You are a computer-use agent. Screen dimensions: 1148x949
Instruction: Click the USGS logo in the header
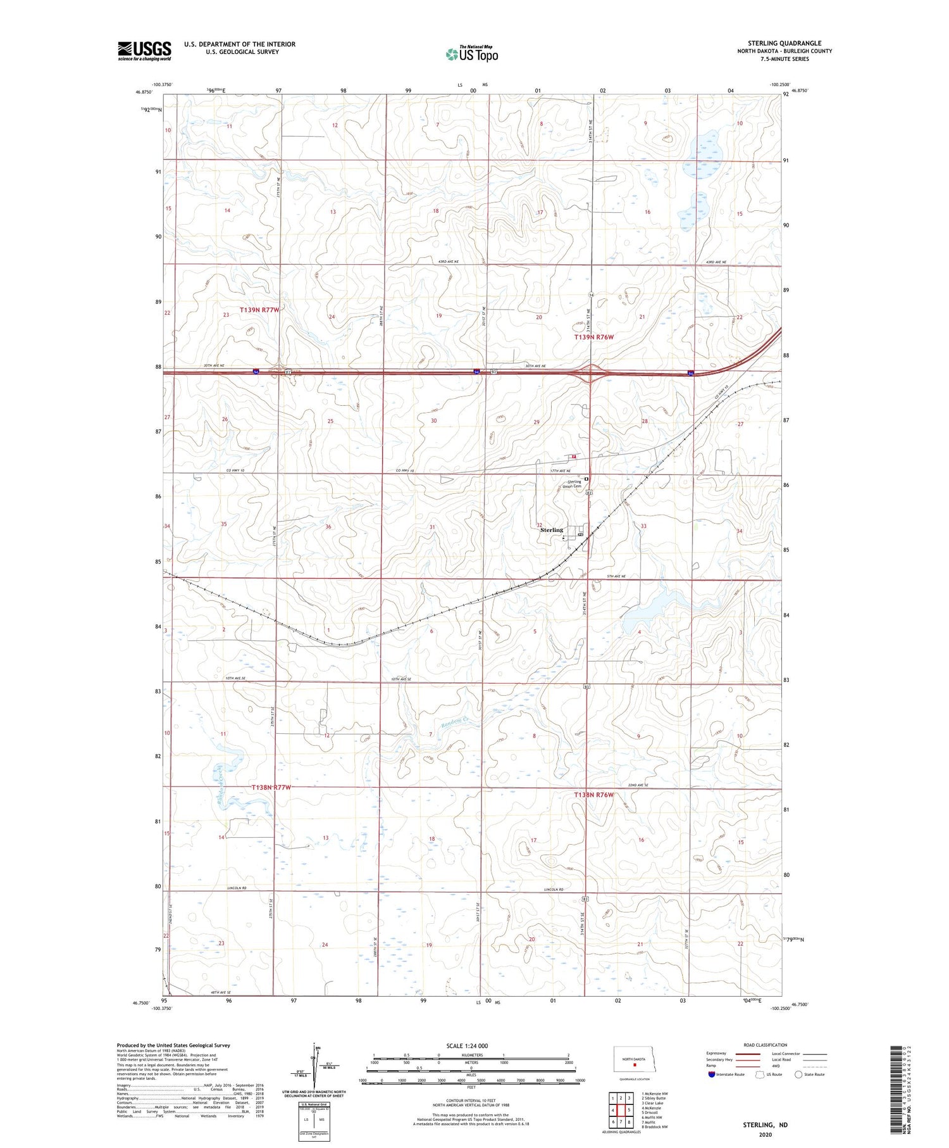[144, 51]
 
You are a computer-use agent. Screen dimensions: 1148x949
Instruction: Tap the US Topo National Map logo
[472, 54]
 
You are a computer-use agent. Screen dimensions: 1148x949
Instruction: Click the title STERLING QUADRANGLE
[785, 43]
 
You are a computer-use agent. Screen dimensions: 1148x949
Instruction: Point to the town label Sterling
[551, 530]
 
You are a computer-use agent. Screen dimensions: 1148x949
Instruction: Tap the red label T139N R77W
[259, 310]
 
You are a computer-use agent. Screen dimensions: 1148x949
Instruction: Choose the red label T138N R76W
[593, 795]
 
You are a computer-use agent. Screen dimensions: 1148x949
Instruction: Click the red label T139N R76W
[593, 337]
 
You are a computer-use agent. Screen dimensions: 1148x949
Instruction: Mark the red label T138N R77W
[271, 787]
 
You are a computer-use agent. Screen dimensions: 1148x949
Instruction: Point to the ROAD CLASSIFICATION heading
[766, 1045]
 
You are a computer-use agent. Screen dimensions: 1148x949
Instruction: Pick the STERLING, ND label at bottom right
[765, 1125]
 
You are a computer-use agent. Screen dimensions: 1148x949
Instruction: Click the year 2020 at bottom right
[765, 1134]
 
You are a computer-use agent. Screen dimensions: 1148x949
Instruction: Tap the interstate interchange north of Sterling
[590, 374]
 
